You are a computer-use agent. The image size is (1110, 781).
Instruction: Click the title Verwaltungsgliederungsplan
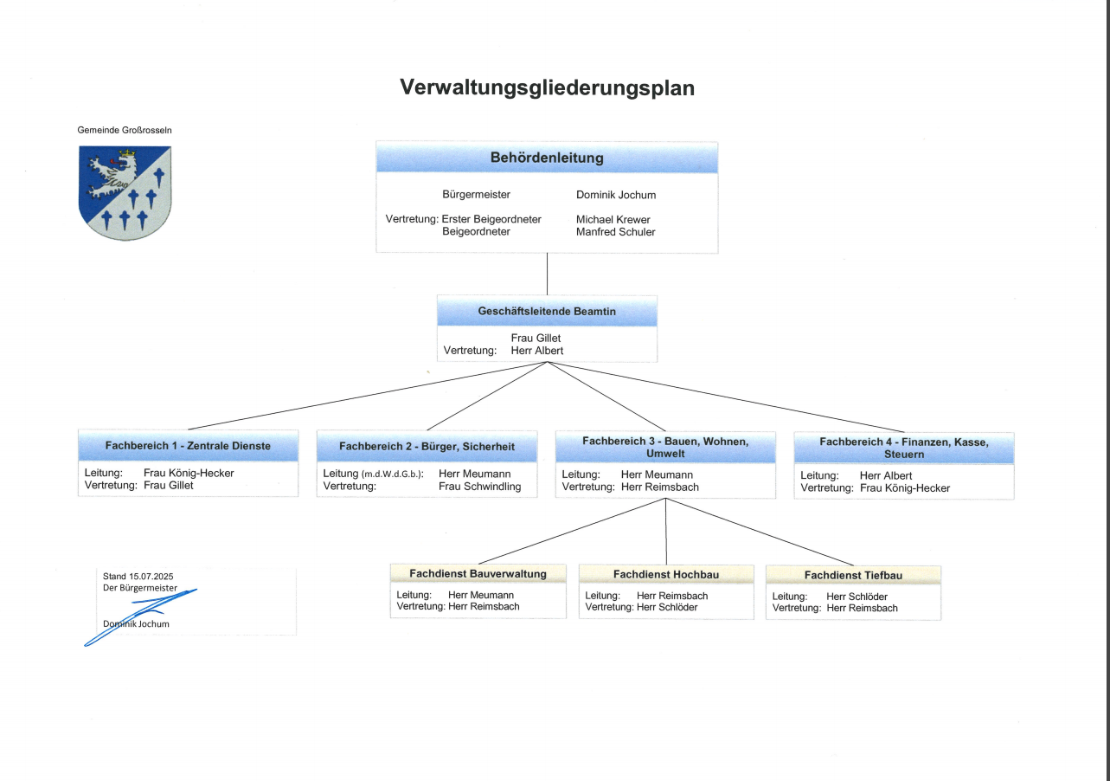(x=547, y=87)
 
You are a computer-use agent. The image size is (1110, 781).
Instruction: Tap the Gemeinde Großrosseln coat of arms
(x=125, y=192)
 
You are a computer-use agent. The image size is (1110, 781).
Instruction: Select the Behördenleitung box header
(x=547, y=158)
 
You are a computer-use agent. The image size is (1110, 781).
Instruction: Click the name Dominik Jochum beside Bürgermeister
(x=616, y=195)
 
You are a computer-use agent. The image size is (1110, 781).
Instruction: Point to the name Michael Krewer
(x=613, y=220)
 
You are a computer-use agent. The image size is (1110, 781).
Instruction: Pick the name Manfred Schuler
(x=615, y=232)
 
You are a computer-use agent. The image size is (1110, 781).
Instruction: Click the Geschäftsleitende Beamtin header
(x=547, y=311)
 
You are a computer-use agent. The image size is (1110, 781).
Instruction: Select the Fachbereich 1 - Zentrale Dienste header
(x=188, y=446)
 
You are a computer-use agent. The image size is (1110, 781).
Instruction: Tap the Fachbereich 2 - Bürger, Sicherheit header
(x=427, y=447)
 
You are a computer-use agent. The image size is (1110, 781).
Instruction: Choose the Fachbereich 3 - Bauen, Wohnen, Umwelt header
(x=665, y=447)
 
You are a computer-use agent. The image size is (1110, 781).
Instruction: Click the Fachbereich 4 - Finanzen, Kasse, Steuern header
(x=904, y=448)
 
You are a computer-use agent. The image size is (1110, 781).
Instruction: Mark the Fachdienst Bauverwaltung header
(x=478, y=573)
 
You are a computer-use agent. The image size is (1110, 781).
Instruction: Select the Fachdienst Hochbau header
(x=666, y=574)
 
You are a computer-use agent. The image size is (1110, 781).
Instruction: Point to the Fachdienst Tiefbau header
(x=853, y=575)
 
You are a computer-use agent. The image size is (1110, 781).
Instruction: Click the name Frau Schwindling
(x=480, y=487)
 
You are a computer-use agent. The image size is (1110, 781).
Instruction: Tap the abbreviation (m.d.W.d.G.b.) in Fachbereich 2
(x=392, y=474)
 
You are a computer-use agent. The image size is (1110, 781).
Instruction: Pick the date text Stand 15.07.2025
(x=138, y=576)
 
